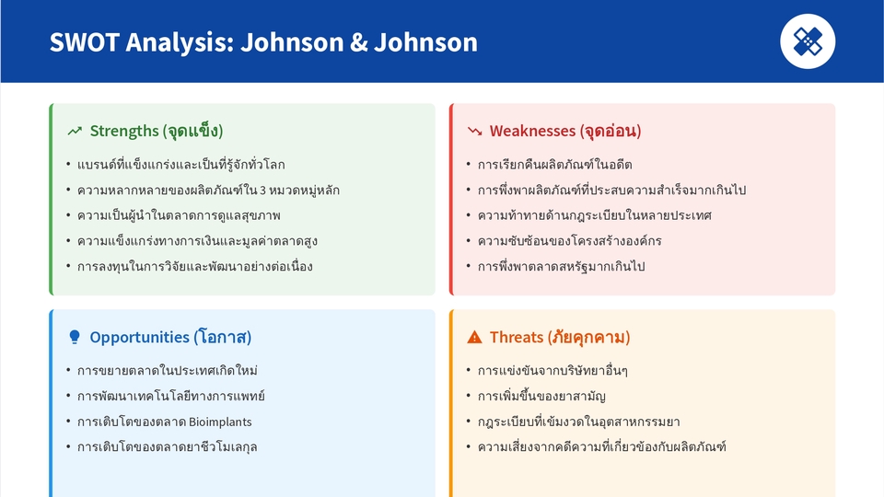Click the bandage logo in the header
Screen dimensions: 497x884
[x=808, y=41]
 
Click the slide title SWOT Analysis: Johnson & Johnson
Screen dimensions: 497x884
[x=263, y=42]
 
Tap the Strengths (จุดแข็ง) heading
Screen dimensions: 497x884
[x=157, y=131]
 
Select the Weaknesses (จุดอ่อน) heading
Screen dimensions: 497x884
[x=564, y=131]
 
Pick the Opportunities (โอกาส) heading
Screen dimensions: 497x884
[x=170, y=337]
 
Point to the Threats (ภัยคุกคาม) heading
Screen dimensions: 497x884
[x=559, y=337]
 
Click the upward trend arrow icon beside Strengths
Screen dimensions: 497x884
[x=75, y=132]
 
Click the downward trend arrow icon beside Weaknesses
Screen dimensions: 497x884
[x=475, y=132]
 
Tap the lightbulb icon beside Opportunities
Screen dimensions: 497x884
[x=75, y=337]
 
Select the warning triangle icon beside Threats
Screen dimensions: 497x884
[x=475, y=338]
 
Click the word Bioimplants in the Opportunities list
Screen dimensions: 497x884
[x=220, y=422]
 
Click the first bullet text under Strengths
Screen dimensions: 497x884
[x=180, y=165]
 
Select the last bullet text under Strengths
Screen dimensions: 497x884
[x=194, y=267]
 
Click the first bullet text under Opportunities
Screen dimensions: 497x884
[x=167, y=370]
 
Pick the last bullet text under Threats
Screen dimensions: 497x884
[x=602, y=447]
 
